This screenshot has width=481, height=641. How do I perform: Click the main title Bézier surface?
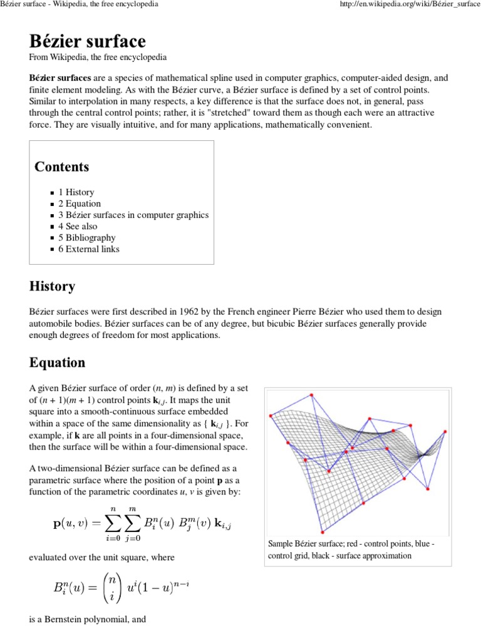click(87, 41)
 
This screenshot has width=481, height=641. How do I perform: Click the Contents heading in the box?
click(61, 167)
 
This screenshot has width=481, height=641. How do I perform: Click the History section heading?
click(52, 287)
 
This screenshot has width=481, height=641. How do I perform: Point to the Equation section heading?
click(57, 362)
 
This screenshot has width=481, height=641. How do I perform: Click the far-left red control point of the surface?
click(271, 415)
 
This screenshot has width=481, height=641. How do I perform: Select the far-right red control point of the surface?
click(445, 431)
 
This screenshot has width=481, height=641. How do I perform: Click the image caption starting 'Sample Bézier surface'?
click(351, 550)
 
